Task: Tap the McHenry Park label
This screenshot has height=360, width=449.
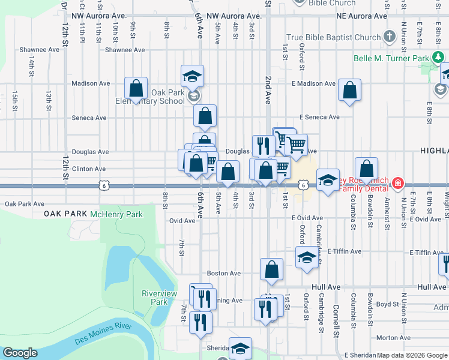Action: pyautogui.click(x=116, y=214)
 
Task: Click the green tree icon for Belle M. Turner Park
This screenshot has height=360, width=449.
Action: pyautogui.click(x=439, y=57)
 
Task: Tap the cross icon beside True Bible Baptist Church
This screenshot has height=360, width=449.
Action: pyautogui.click(x=389, y=37)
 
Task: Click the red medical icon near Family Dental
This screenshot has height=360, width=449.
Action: pyautogui.click(x=397, y=183)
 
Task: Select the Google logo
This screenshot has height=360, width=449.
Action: pyautogui.click(x=20, y=353)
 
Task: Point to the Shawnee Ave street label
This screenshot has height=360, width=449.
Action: pyautogui.click(x=124, y=50)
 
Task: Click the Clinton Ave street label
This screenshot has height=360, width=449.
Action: pyautogui.click(x=89, y=169)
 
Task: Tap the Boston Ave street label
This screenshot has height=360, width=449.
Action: pyautogui.click(x=224, y=273)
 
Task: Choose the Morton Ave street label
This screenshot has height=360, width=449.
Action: pyautogui.click(x=393, y=338)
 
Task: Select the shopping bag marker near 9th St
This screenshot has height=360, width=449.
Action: pyautogui.click(x=136, y=88)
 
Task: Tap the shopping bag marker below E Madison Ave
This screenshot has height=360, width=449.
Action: pyautogui.click(x=349, y=90)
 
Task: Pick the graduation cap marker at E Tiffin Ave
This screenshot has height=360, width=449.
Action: pyautogui.click(x=307, y=256)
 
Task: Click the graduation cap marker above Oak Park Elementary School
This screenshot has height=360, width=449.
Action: pyautogui.click(x=193, y=76)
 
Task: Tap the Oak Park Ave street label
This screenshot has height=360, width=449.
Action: pyautogui.click(x=25, y=204)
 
